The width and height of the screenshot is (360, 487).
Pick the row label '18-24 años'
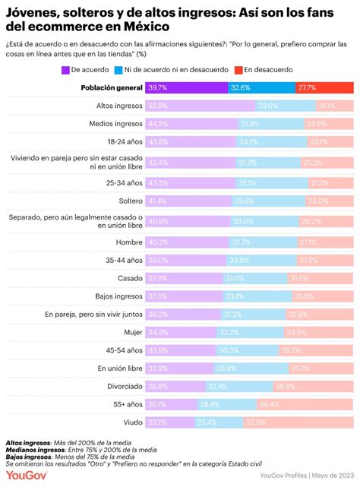122,141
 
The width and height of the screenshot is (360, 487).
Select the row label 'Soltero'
128,201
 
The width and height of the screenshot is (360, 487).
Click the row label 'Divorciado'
122,386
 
